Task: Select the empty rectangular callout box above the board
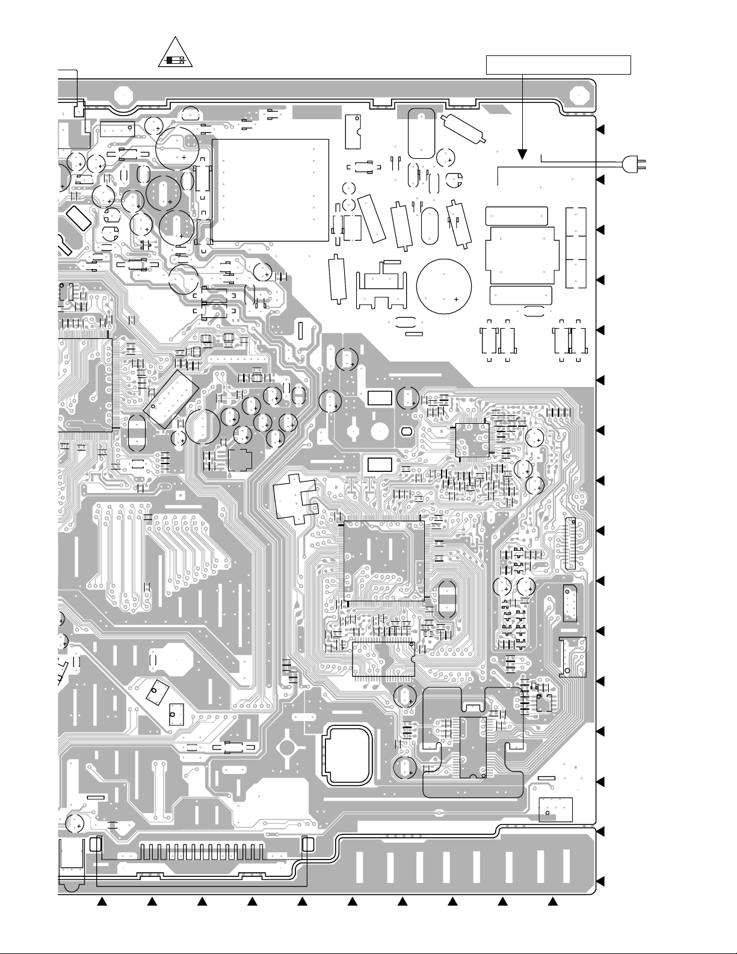[x=558, y=64]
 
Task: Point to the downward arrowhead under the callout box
[x=522, y=155]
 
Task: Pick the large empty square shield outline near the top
[x=271, y=190]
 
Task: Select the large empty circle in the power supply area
[x=444, y=287]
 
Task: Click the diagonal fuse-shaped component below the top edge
[x=464, y=128]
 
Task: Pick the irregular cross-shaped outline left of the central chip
[x=295, y=497]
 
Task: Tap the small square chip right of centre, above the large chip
[x=473, y=440]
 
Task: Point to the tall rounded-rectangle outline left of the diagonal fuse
[x=421, y=133]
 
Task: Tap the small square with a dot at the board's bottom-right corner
[x=555, y=809]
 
